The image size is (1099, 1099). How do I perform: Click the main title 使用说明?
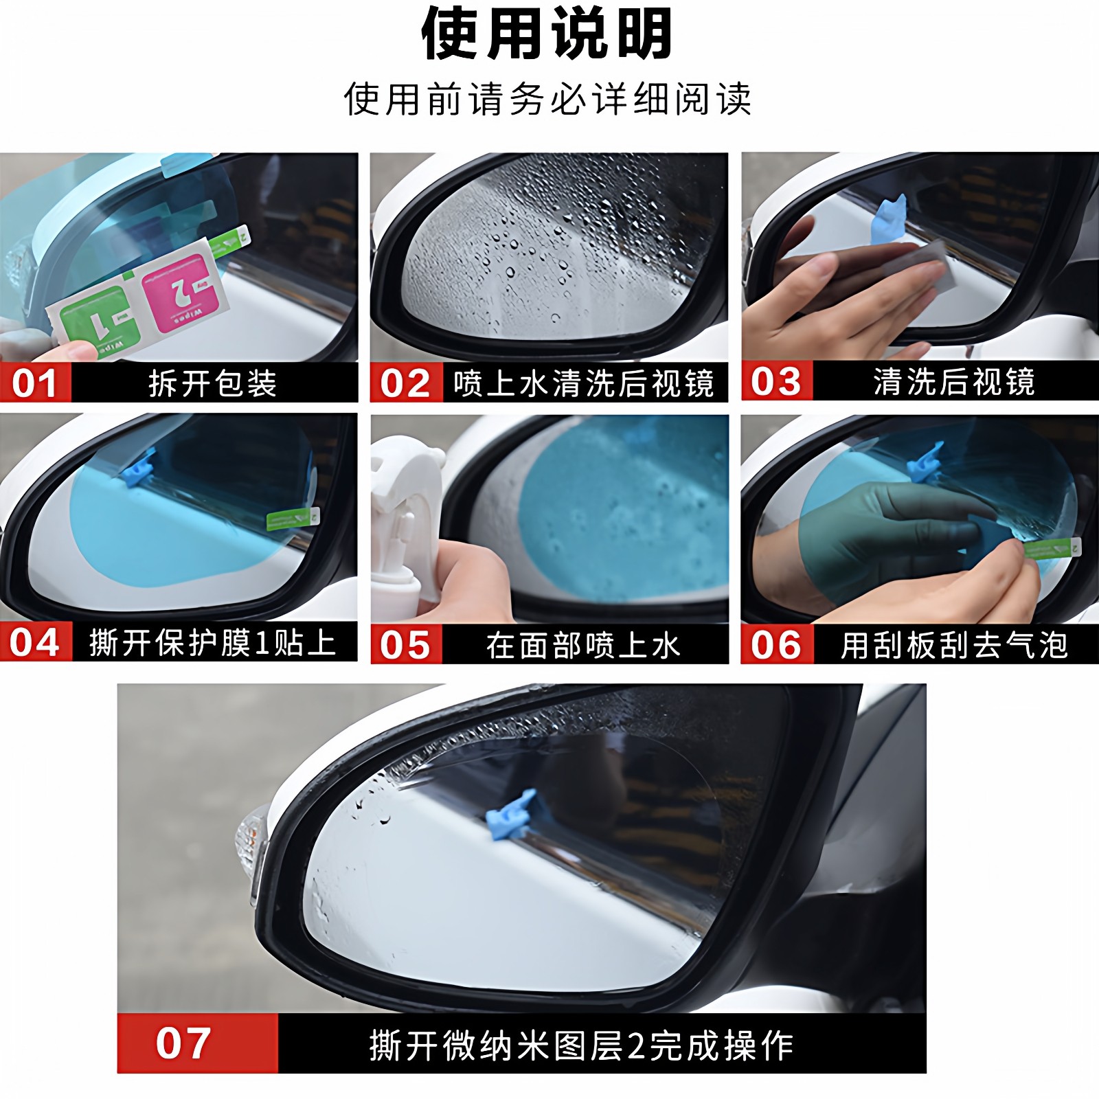547,34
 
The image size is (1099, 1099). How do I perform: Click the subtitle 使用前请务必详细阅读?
547,100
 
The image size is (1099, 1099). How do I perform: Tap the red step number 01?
34,383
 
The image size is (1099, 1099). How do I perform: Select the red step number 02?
405,383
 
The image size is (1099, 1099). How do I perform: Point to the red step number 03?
776,382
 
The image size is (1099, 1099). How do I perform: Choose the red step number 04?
34,643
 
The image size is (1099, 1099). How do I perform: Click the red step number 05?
405,645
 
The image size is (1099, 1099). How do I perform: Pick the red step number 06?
776,645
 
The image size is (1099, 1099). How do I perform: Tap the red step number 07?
183,1043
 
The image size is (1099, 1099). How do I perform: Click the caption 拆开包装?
213,383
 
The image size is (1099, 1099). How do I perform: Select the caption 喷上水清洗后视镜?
584,383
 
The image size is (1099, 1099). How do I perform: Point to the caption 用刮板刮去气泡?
955,645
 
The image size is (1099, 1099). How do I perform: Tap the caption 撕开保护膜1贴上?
213,643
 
